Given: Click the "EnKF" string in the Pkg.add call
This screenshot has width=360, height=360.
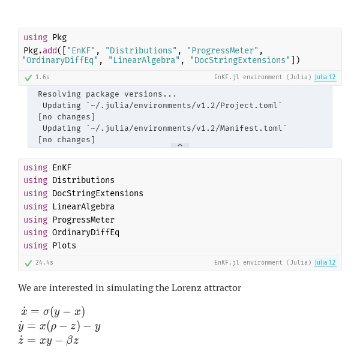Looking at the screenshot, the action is [x=81, y=50].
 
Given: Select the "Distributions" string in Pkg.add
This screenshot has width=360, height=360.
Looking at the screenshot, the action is [x=141, y=50].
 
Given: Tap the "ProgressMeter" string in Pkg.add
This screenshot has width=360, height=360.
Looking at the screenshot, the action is [x=223, y=50].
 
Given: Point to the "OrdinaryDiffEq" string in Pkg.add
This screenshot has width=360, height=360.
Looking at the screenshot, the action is [x=60, y=60].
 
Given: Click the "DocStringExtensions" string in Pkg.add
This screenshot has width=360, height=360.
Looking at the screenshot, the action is [x=240, y=60].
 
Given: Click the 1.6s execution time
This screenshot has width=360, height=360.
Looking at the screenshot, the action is [x=43, y=77].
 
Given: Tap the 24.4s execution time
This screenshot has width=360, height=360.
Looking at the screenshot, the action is [x=44, y=262].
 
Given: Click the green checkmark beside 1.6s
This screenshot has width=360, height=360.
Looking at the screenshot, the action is [x=28, y=78].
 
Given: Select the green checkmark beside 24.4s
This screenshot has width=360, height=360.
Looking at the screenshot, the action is [x=28, y=263].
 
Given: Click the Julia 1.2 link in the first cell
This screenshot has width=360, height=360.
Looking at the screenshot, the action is [x=325, y=77].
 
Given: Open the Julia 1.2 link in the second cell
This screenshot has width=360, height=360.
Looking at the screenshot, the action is [x=325, y=262].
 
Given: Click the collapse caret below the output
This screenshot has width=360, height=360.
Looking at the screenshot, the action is [x=180, y=145].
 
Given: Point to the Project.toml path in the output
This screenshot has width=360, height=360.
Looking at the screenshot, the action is [x=184, y=106].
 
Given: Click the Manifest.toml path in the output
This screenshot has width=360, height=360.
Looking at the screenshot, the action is [x=187, y=128].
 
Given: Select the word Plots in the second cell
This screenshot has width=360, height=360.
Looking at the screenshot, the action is [x=64, y=245].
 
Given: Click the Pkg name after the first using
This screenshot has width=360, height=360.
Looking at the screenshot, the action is [x=59, y=37].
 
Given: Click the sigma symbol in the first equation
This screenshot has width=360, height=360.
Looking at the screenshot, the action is [x=46, y=312].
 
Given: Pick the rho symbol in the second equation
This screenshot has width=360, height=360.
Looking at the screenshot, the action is [x=53, y=327].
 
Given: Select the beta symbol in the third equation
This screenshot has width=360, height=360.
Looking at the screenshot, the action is [x=70, y=340].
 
